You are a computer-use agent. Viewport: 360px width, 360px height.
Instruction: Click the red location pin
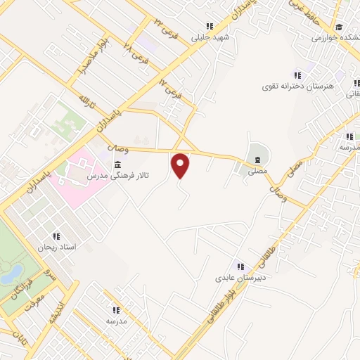tap(181, 165)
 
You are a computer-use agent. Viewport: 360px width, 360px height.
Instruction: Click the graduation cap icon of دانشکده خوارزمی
tap(339, 27)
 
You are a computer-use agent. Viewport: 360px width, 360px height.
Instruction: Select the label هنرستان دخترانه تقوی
tap(306, 86)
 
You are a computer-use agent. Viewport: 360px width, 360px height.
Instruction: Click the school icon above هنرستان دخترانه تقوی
tap(297, 75)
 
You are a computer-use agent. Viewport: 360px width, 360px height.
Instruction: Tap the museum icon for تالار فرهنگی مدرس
tap(117, 165)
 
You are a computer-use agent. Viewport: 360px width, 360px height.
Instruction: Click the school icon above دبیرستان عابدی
tap(240, 266)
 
